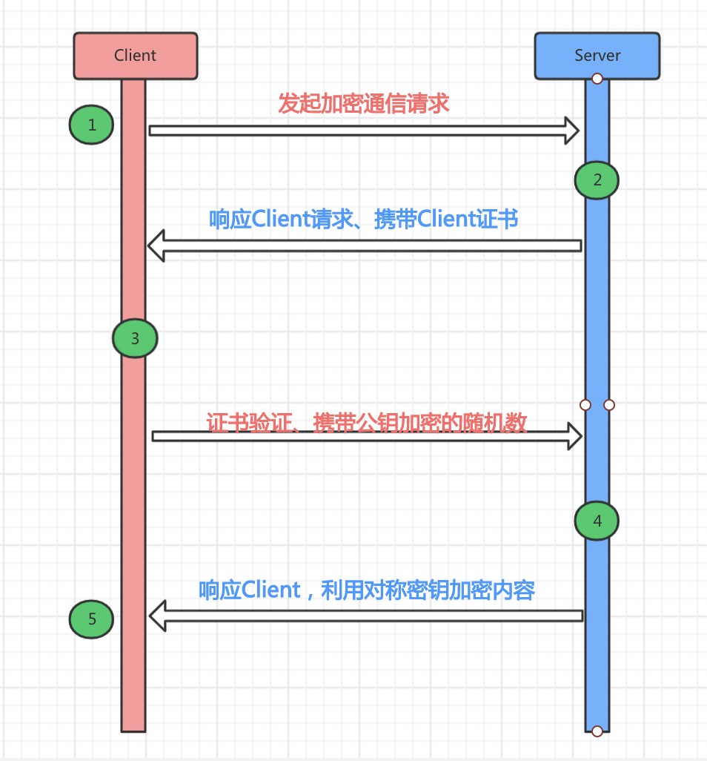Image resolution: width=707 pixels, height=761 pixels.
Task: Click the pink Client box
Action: tap(136, 56)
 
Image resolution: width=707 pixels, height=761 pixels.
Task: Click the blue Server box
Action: tap(597, 56)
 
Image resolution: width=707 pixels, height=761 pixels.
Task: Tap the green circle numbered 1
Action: tap(92, 125)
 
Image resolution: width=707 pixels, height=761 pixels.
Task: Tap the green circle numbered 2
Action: tap(597, 179)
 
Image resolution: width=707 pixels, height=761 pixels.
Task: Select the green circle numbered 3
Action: tap(135, 339)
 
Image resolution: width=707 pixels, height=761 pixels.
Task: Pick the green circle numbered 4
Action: tap(597, 521)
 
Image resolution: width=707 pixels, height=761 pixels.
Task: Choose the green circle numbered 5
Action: tap(92, 619)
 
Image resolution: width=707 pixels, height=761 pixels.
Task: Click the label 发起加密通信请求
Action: tap(364, 103)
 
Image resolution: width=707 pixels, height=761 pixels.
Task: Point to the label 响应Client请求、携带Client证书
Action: tap(364, 220)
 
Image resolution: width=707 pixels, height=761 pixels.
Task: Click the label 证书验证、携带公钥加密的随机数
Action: tap(367, 422)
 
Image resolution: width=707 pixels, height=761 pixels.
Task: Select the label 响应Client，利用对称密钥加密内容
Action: tap(367, 590)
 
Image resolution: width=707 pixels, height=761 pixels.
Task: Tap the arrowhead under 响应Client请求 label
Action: tap(156, 246)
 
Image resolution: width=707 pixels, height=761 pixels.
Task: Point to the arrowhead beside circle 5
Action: tap(157, 616)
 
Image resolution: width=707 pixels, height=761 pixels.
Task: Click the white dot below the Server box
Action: tap(597, 78)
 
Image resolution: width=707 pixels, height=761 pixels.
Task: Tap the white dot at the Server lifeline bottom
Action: tap(597, 731)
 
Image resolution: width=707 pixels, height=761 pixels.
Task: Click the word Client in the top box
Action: tap(136, 56)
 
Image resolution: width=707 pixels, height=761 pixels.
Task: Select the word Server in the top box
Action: tap(597, 56)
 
